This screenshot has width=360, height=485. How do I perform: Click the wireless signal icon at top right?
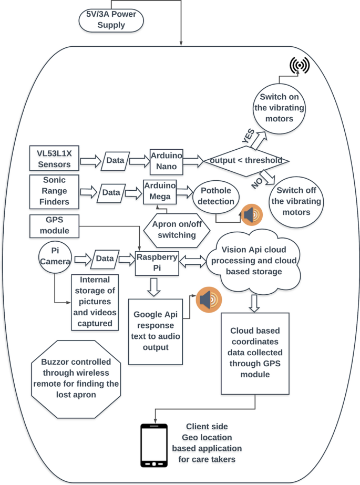299,65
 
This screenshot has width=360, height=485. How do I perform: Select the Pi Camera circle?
54,257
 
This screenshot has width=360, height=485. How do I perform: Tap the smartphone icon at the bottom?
154,446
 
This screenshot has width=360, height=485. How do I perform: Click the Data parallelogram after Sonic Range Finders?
111,193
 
